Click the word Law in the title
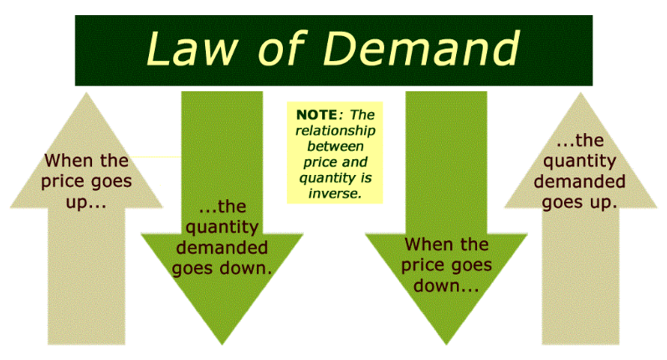(192, 48)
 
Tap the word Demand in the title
(421, 48)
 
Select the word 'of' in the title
(281, 48)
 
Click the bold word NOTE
(317, 115)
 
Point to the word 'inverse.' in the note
(335, 193)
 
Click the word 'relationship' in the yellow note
(336, 131)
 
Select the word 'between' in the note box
(336, 147)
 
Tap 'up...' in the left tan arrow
(86, 203)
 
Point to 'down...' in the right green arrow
(446, 285)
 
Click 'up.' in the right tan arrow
(603, 203)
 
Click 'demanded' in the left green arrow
(222, 248)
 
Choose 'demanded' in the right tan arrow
(580, 182)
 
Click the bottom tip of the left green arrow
(222, 344)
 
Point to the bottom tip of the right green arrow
(446, 344)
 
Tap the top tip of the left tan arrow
(86, 93)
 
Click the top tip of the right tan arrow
(581, 93)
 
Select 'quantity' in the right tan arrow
(580, 162)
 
